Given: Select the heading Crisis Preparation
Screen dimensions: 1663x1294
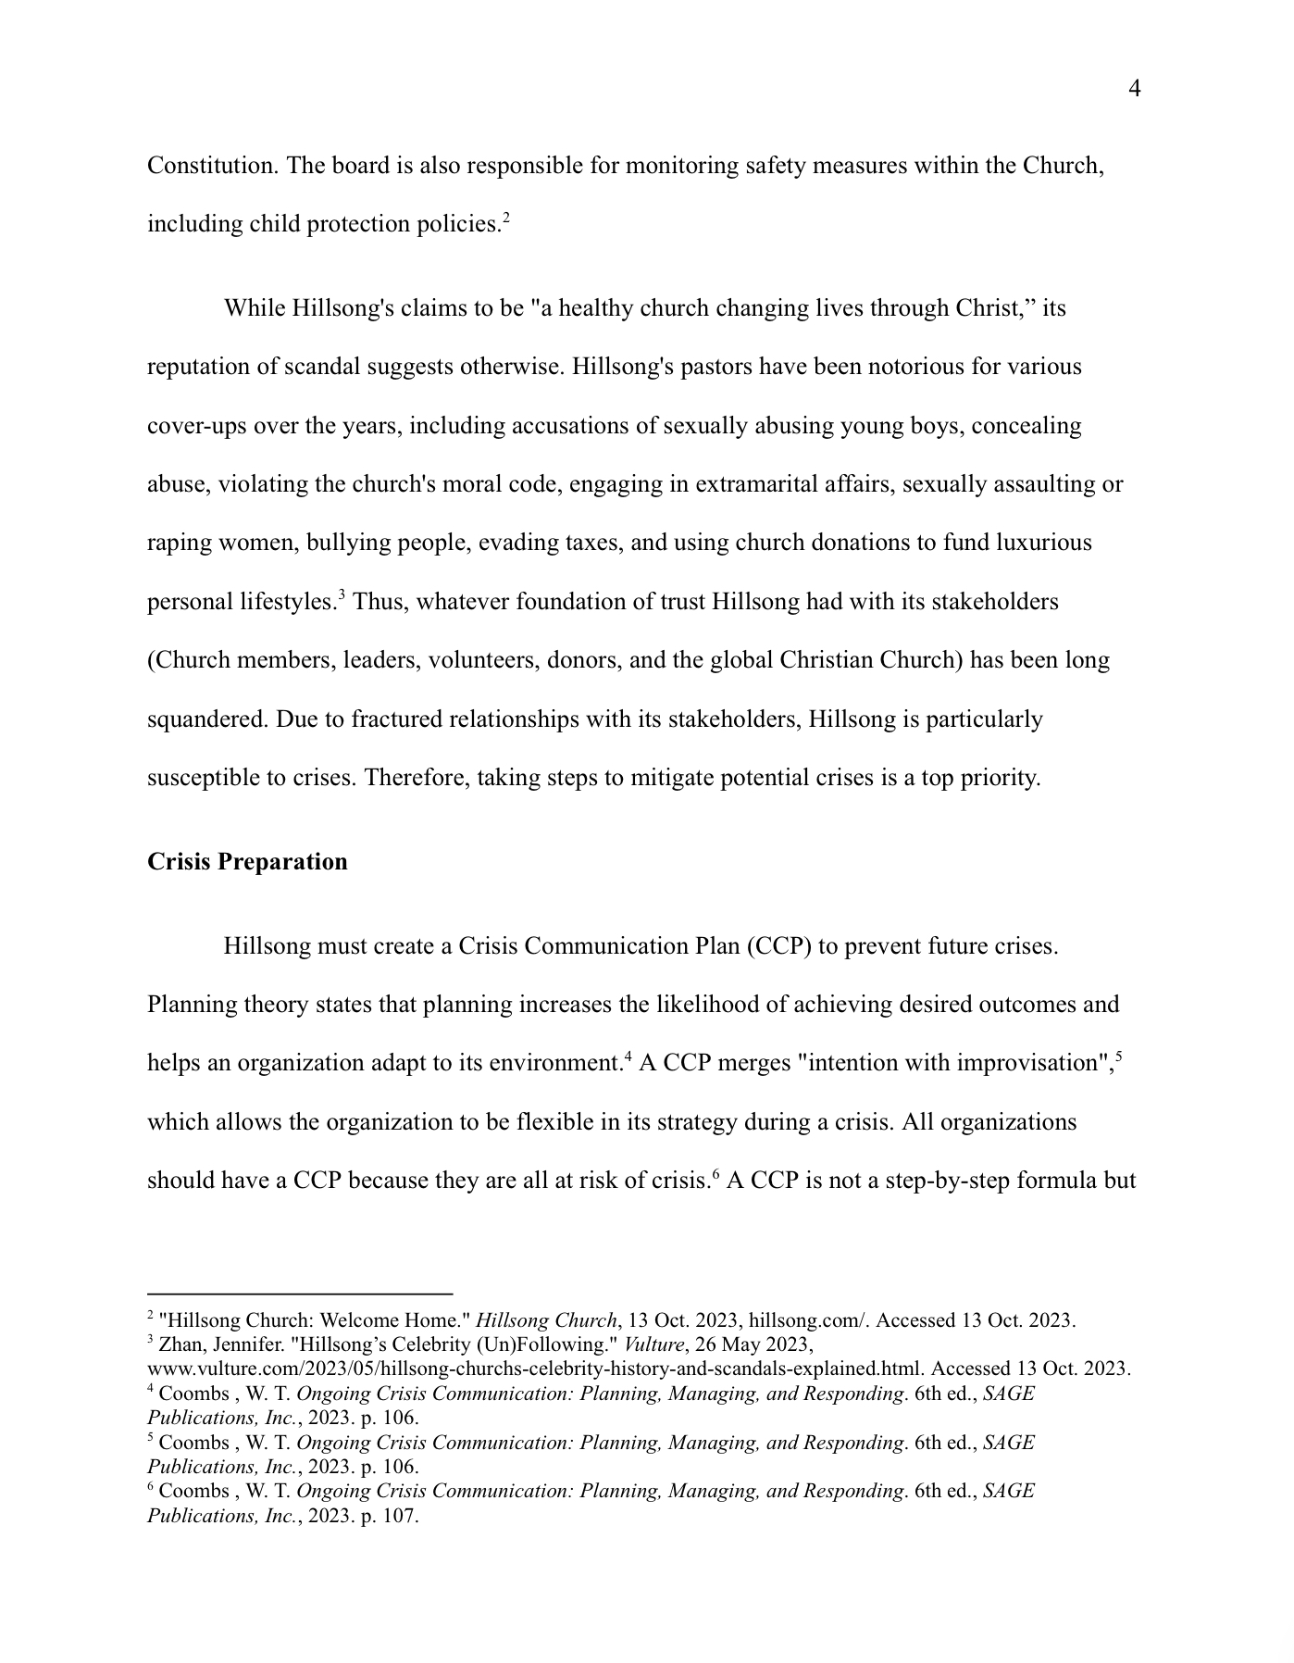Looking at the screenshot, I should (x=247, y=862).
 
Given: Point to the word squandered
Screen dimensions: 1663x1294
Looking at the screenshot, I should (x=205, y=719).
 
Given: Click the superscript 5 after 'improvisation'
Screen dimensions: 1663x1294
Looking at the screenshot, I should (x=1119, y=1057).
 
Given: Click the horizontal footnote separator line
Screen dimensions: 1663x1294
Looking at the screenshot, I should (x=300, y=1293).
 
